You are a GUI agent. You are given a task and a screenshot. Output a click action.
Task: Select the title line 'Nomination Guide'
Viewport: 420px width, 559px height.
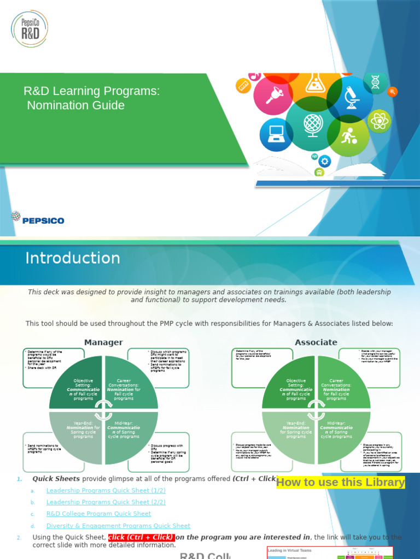[x=76, y=105]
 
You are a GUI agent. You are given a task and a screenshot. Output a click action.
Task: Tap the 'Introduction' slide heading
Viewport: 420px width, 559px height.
[x=73, y=258]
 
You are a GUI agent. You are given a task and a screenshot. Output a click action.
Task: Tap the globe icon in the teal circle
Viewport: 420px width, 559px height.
[x=312, y=124]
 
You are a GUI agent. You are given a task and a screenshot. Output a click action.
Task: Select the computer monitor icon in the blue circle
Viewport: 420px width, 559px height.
[x=276, y=134]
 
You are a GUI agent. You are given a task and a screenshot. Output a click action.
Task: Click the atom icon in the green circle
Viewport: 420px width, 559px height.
[x=378, y=120]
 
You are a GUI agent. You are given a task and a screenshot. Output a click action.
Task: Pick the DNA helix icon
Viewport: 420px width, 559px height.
[x=375, y=82]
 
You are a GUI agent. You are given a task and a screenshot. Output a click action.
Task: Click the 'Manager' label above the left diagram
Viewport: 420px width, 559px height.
[x=103, y=342]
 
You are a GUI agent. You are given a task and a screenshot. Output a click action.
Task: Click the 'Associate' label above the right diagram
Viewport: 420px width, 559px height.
[x=316, y=342]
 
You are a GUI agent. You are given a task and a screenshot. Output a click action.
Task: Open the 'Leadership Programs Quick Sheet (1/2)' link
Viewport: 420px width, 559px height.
[x=106, y=490]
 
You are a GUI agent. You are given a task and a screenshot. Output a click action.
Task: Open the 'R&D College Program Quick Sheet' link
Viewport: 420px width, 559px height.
[x=98, y=514]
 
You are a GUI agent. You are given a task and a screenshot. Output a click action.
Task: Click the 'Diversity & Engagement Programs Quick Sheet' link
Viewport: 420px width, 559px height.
[x=118, y=526]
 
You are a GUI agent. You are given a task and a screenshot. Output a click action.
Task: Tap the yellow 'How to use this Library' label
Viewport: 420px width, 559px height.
[x=341, y=482]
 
